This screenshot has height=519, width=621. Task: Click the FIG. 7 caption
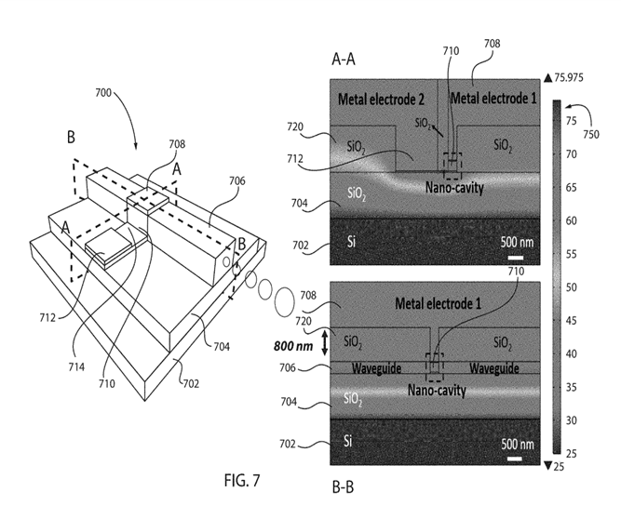point(242,480)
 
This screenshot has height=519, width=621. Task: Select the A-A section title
point(344,60)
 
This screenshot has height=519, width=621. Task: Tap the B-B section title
point(343,487)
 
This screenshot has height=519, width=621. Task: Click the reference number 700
point(103,93)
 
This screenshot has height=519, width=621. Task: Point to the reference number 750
point(591,135)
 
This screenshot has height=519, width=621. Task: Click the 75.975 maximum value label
point(569,77)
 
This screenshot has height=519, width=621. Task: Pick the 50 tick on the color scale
point(571,287)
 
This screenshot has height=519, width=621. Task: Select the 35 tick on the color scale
point(571,387)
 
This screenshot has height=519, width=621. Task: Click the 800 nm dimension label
point(293,347)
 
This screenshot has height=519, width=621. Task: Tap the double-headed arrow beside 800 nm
point(324,343)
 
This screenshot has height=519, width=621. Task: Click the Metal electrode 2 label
point(381,100)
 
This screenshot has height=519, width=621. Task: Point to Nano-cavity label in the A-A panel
point(454,187)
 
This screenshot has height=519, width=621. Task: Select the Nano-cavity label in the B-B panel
point(437,391)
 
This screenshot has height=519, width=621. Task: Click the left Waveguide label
point(376,368)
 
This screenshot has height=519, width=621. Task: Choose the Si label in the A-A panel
point(351,241)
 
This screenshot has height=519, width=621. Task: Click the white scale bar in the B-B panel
point(514,459)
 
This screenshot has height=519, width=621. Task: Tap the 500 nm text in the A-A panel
point(517,242)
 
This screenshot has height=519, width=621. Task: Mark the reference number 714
point(76,367)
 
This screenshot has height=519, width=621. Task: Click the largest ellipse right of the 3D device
point(284,302)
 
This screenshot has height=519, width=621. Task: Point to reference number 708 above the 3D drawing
point(177,144)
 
